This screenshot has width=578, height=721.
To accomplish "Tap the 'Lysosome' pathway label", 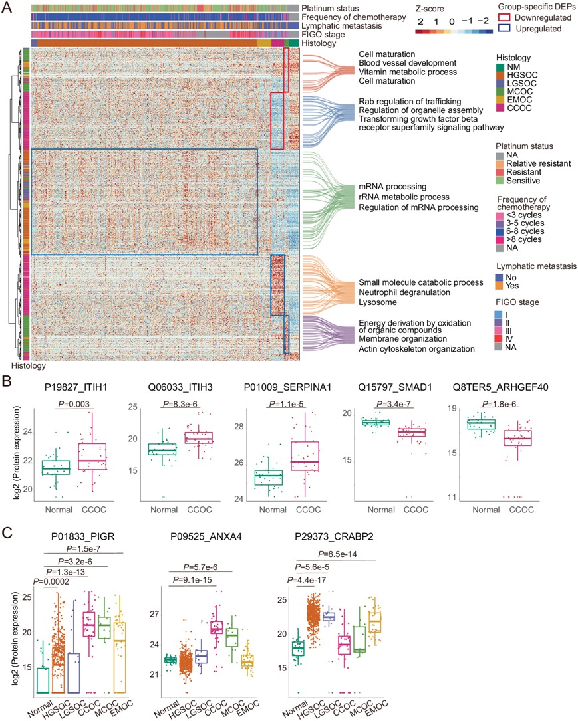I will [x=378, y=302].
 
